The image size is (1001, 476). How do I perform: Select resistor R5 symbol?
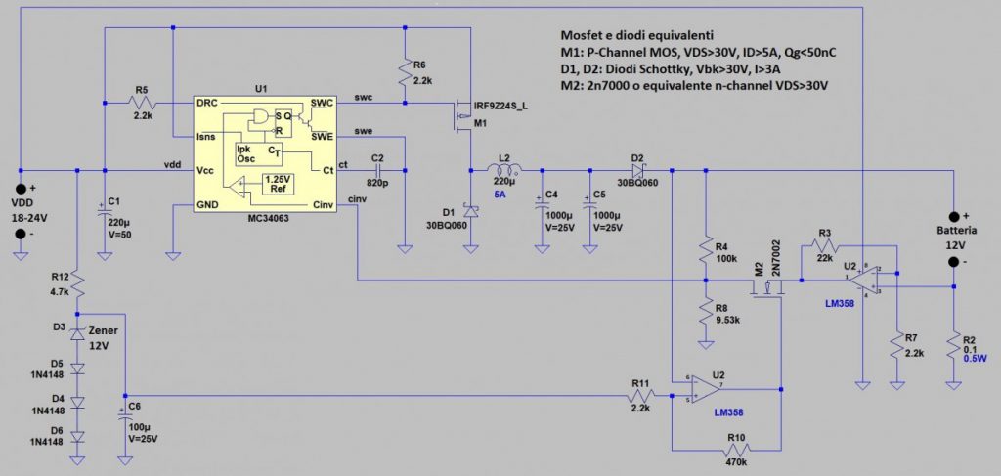point(143,103)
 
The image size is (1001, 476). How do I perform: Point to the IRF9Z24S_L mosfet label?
point(503,105)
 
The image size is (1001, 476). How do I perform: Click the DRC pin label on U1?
point(207,103)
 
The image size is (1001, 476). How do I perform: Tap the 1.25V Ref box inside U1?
point(278,183)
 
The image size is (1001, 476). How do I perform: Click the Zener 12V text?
point(103,338)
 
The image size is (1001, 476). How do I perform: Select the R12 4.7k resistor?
point(77,285)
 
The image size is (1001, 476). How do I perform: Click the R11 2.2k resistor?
point(640,396)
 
